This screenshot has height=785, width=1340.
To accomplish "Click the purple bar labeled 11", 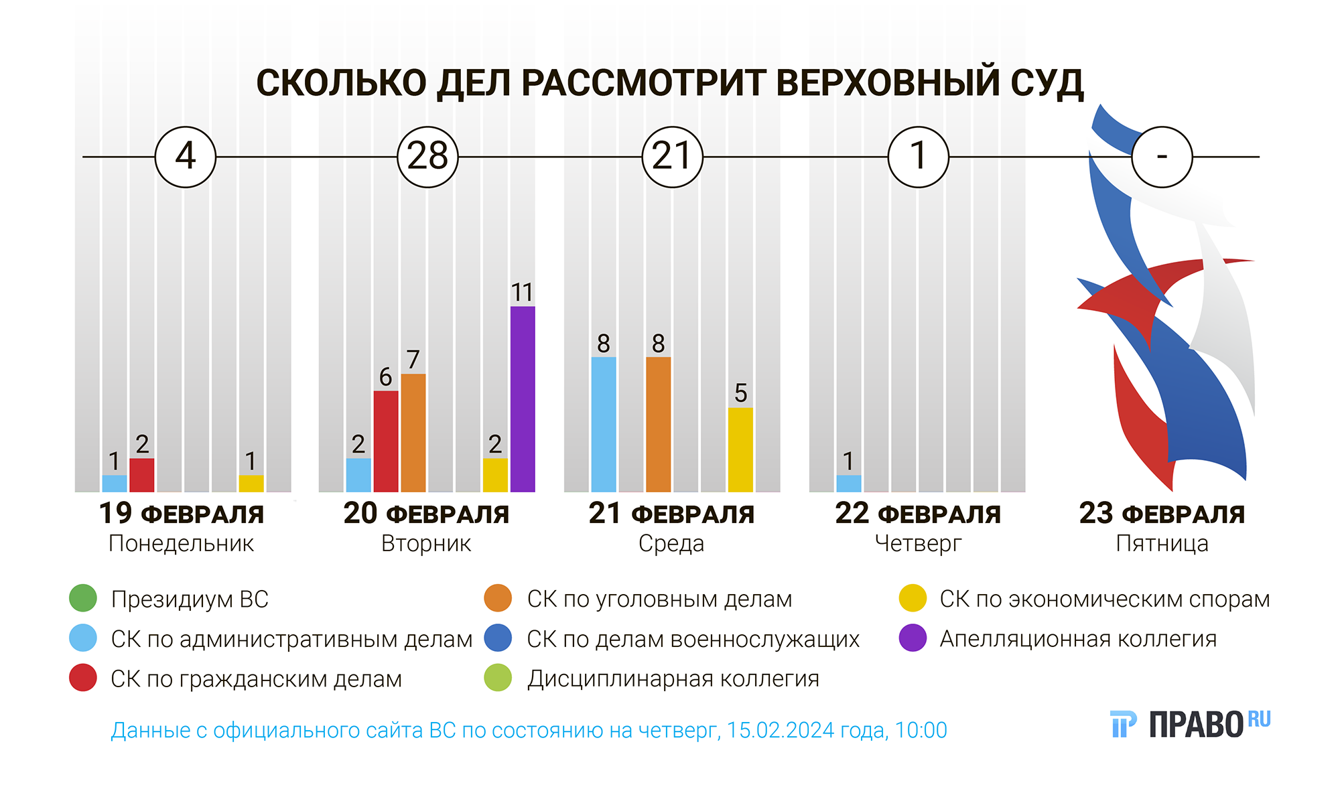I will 523,399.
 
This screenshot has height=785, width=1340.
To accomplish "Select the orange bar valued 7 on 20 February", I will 413,433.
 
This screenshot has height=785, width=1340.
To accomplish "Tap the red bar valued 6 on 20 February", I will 386,441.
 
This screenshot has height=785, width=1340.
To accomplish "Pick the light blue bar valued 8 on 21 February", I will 604,425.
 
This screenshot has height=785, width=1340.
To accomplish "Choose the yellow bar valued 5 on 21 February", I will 740,450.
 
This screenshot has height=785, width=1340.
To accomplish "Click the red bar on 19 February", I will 142,475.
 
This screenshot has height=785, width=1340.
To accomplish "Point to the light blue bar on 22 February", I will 849,484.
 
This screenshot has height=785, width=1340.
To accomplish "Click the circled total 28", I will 428,157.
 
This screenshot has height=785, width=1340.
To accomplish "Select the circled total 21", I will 673,157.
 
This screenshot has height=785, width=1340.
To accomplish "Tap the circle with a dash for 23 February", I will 1162,157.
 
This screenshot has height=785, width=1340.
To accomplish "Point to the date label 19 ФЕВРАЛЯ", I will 182,514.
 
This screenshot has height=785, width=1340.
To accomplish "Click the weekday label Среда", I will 671,543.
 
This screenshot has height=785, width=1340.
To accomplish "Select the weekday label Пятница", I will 1162,543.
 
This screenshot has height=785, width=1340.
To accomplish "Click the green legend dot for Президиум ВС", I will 83,598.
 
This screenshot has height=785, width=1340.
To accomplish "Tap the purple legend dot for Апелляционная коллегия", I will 913,638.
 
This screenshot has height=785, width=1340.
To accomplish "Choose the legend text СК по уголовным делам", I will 659,599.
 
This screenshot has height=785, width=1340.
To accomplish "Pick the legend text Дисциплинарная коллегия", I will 673,679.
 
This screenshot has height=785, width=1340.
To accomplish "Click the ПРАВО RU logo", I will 1191,724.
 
